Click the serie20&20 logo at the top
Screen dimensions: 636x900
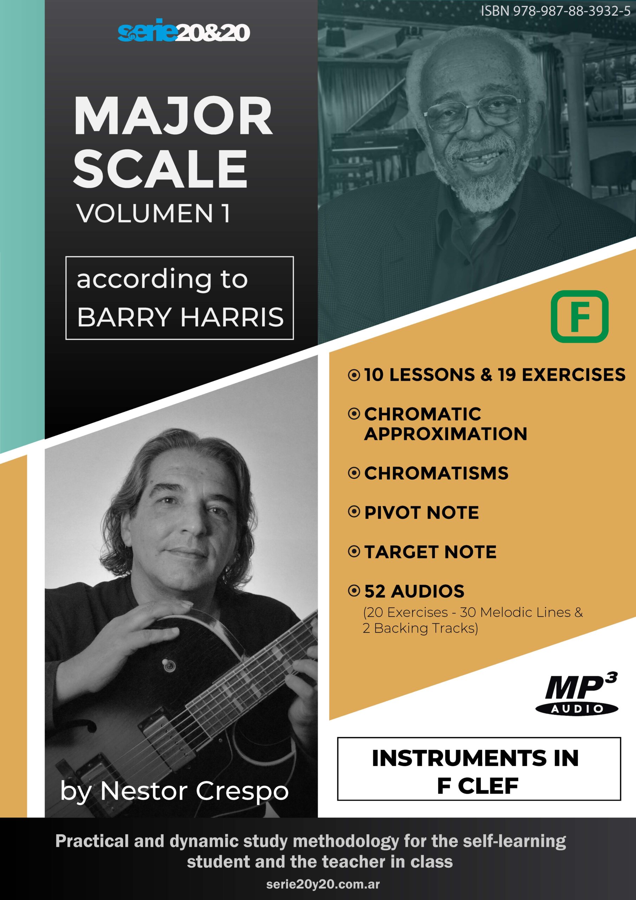click(184, 31)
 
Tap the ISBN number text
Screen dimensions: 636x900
click(556, 11)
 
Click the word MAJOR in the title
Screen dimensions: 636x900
click(173, 116)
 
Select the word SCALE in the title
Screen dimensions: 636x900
click(160, 169)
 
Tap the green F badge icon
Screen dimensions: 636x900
click(579, 316)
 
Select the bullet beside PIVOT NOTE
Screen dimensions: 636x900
click(354, 512)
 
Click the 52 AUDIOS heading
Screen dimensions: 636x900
click(414, 591)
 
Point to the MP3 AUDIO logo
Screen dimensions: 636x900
click(577, 694)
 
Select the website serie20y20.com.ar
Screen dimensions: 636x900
click(323, 884)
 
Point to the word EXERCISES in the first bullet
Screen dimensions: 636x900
click(574, 374)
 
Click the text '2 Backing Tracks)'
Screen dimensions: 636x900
click(420, 628)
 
